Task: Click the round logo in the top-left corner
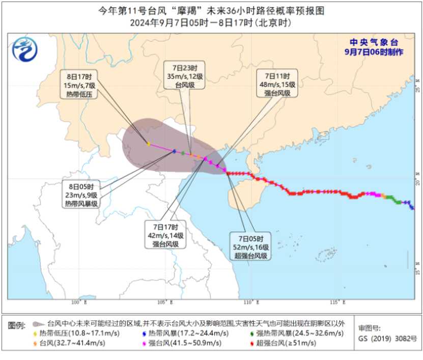pyautogui.click(x=25, y=50)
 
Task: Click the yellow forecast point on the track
pyautogui.click(x=148, y=144)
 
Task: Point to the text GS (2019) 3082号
pyautogui.click(x=387, y=338)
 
